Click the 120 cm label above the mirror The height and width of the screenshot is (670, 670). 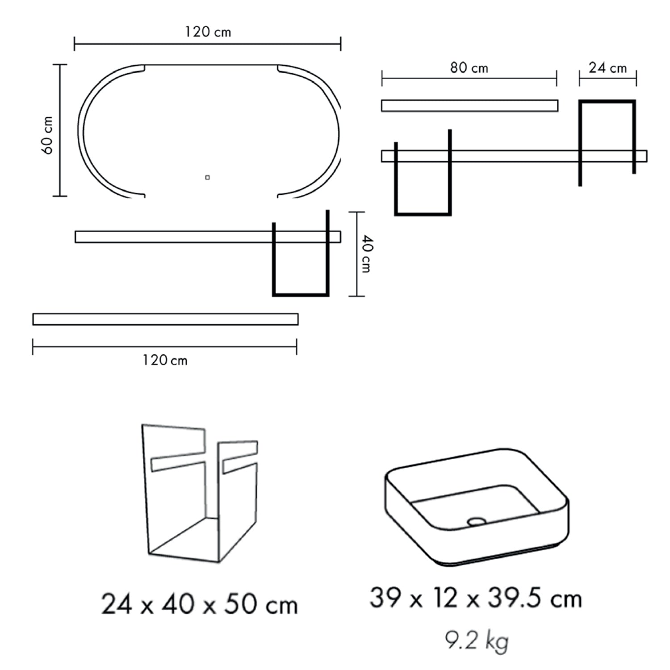point(208,32)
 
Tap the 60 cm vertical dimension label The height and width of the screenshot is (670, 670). point(47,135)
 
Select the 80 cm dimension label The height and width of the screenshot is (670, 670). point(469,68)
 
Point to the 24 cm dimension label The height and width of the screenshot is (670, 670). point(607,68)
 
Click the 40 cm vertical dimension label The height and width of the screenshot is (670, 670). point(366,254)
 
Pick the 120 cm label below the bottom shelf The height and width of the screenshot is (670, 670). point(165,360)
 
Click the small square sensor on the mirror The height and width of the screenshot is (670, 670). point(207,177)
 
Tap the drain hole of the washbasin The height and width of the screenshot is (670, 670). point(477,521)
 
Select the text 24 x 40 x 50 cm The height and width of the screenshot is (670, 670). point(200,604)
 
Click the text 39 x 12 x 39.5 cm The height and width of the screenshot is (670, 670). point(476,598)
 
